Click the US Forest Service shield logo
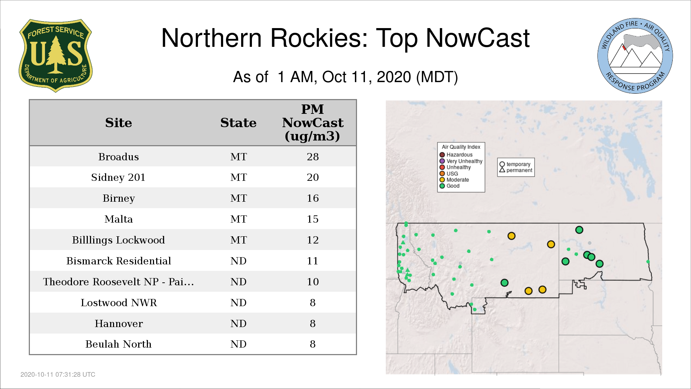point(55,56)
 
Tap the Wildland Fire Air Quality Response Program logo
point(635,56)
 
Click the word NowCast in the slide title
point(478,38)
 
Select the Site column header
point(118,123)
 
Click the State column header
point(238,123)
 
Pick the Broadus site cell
point(118,157)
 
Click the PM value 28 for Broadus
point(313,157)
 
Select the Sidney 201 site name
point(118,177)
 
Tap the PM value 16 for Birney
point(313,198)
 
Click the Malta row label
point(118,219)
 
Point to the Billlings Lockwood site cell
point(118,240)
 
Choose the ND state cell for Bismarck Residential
point(238,261)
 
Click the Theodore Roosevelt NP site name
point(118,282)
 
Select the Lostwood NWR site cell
point(118,303)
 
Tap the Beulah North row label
point(118,344)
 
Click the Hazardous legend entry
point(456,155)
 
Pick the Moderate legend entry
point(454,180)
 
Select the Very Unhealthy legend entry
point(461,161)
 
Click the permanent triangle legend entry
point(516,170)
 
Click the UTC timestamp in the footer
point(58,375)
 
